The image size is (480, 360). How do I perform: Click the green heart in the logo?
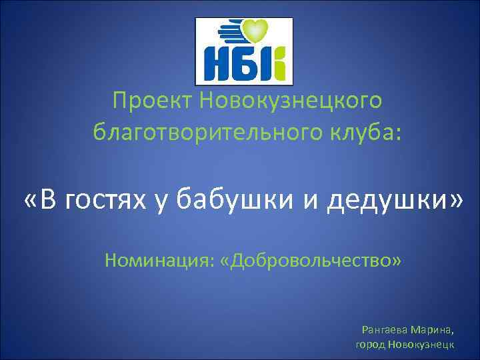pos(255,31)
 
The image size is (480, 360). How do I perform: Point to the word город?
pos(370,345)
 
